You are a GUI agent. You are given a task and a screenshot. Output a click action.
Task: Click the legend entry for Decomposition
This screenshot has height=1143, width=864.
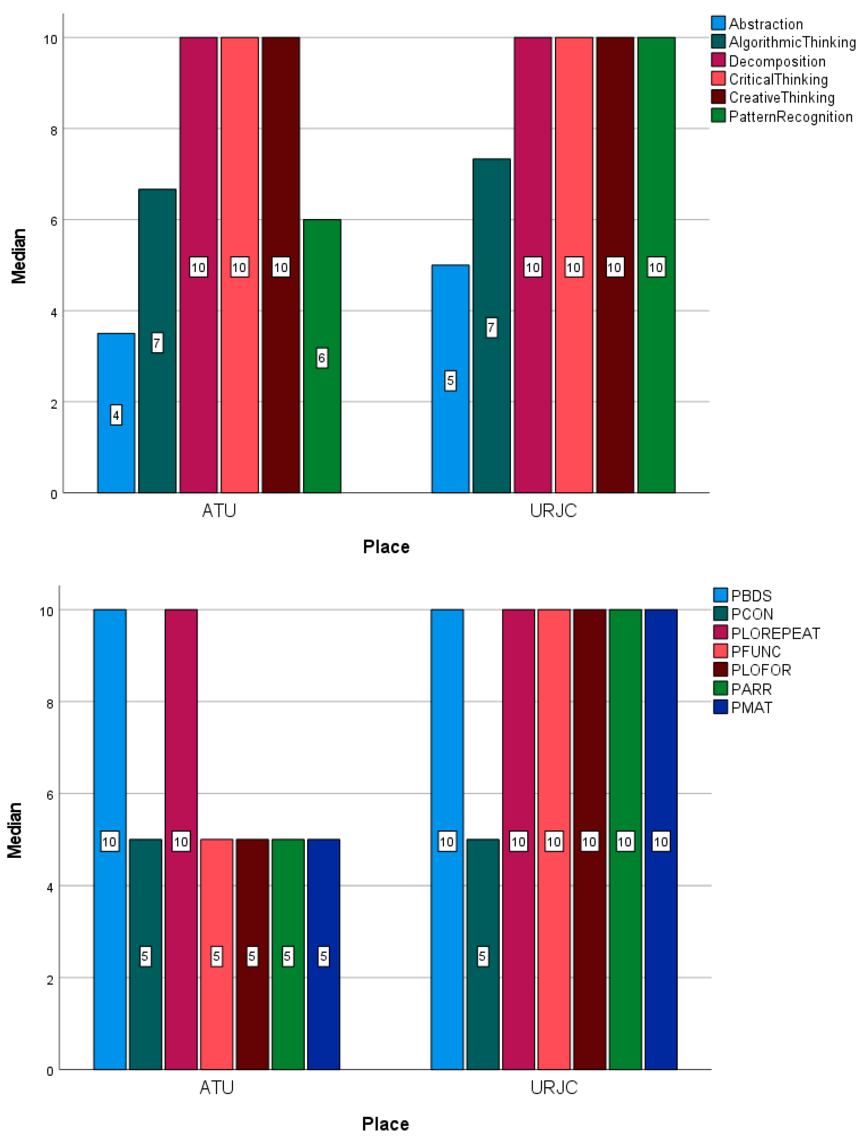point(777,62)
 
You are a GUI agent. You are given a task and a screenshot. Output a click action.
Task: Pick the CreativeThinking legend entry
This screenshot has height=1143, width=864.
point(781,98)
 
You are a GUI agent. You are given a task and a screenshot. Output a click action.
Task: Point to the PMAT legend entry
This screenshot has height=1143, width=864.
point(751,707)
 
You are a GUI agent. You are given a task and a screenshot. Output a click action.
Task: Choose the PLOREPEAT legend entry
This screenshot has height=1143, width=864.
point(775,633)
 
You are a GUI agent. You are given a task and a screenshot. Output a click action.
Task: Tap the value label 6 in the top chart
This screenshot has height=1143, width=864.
point(322,358)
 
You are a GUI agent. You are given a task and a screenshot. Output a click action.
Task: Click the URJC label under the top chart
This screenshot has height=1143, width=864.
point(553,510)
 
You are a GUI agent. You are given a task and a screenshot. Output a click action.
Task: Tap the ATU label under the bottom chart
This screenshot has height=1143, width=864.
point(217,1088)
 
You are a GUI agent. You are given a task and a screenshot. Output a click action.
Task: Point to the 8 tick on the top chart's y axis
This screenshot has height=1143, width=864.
point(53,130)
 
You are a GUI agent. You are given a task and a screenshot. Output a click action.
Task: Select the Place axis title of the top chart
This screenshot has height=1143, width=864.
point(386,547)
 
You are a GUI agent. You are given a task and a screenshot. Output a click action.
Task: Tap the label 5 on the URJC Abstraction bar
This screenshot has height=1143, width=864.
point(450,381)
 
